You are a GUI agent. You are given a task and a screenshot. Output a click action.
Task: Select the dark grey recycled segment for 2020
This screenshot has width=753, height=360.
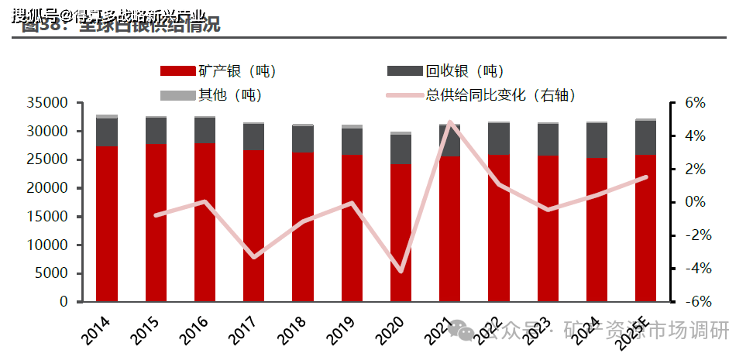pos(401,149)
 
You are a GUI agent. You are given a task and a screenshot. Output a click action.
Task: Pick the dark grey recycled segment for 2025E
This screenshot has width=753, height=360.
pos(645,137)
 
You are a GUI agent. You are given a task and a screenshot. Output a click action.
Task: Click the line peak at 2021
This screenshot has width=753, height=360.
pos(450,122)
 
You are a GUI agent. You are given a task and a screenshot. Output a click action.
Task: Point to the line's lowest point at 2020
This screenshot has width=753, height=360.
pos(401,271)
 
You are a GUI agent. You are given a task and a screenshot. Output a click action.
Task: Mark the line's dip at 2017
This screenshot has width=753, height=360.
pos(253,256)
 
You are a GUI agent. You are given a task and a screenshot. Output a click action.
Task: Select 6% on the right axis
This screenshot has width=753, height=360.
pos(695,103)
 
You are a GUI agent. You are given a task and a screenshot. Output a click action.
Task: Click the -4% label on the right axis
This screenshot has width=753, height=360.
pos(693,269)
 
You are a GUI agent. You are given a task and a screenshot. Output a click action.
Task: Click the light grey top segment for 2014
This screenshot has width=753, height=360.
pos(107,116)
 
